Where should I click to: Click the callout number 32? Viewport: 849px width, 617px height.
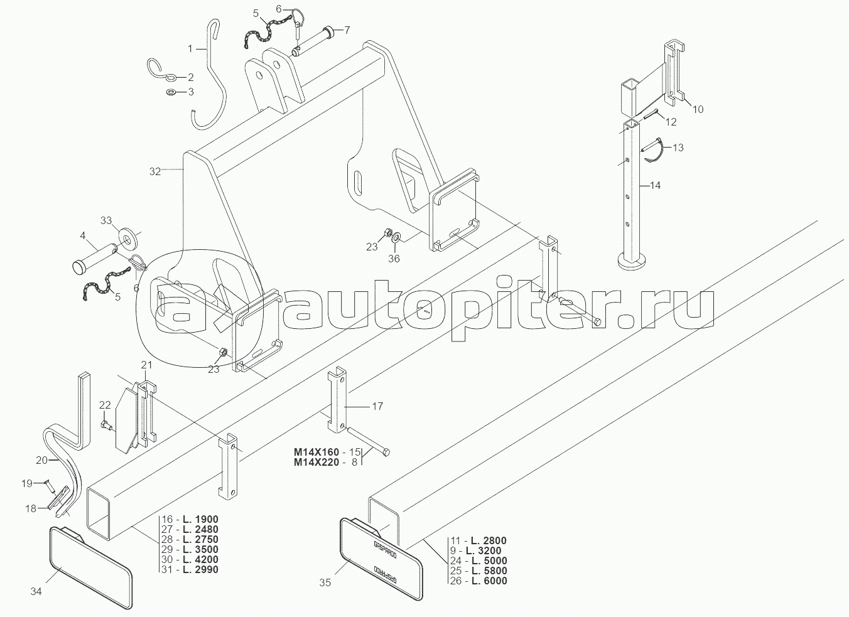coord(155,171)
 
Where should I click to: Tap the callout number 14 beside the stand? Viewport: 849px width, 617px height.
coord(655,185)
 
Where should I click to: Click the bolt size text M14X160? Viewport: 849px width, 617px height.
coord(316,452)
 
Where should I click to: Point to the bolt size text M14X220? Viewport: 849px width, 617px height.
coord(316,462)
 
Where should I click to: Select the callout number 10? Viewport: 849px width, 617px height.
coord(698,109)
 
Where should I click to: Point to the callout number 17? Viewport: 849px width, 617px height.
coord(377,406)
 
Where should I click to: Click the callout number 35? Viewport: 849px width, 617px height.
coord(325,582)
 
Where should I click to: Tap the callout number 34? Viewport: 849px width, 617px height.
coord(36,591)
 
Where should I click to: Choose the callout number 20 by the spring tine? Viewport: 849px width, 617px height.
coord(41,460)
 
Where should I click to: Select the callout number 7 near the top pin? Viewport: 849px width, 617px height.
coord(347,30)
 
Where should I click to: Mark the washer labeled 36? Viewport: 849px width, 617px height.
coord(396,237)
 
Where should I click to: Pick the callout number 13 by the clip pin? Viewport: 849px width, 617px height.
coord(678,148)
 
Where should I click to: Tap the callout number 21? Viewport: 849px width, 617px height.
coord(146,365)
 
